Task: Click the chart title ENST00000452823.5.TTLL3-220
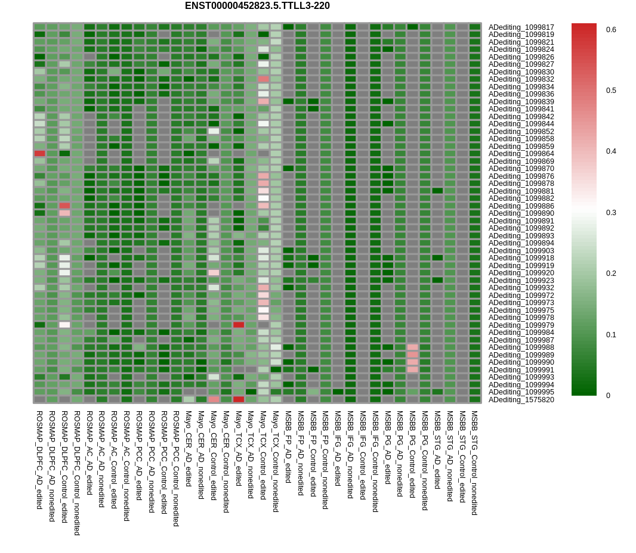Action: click(x=257, y=6)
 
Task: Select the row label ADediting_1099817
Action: click(x=521, y=27)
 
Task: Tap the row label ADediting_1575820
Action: click(x=521, y=400)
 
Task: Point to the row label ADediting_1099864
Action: click(x=521, y=154)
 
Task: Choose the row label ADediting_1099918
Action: click(x=521, y=258)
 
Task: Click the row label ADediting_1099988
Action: click(x=521, y=347)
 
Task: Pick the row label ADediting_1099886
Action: click(x=521, y=206)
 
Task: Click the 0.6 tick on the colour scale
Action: click(x=611, y=30)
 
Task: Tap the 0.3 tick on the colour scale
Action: click(x=611, y=213)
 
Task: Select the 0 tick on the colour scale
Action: click(x=609, y=396)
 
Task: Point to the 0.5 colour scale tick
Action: click(x=611, y=91)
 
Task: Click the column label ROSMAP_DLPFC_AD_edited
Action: click(x=39, y=459)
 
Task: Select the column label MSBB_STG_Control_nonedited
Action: click(x=475, y=462)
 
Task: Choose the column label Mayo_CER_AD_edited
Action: click(x=189, y=448)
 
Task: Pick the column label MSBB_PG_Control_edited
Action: click(x=412, y=454)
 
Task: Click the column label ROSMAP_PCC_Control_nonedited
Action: click(x=176, y=468)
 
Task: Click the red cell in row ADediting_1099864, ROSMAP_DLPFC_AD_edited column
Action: click(x=40, y=154)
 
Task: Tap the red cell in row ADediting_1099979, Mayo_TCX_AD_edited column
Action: click(x=239, y=325)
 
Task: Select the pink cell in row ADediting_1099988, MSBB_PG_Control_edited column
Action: click(x=412, y=347)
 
